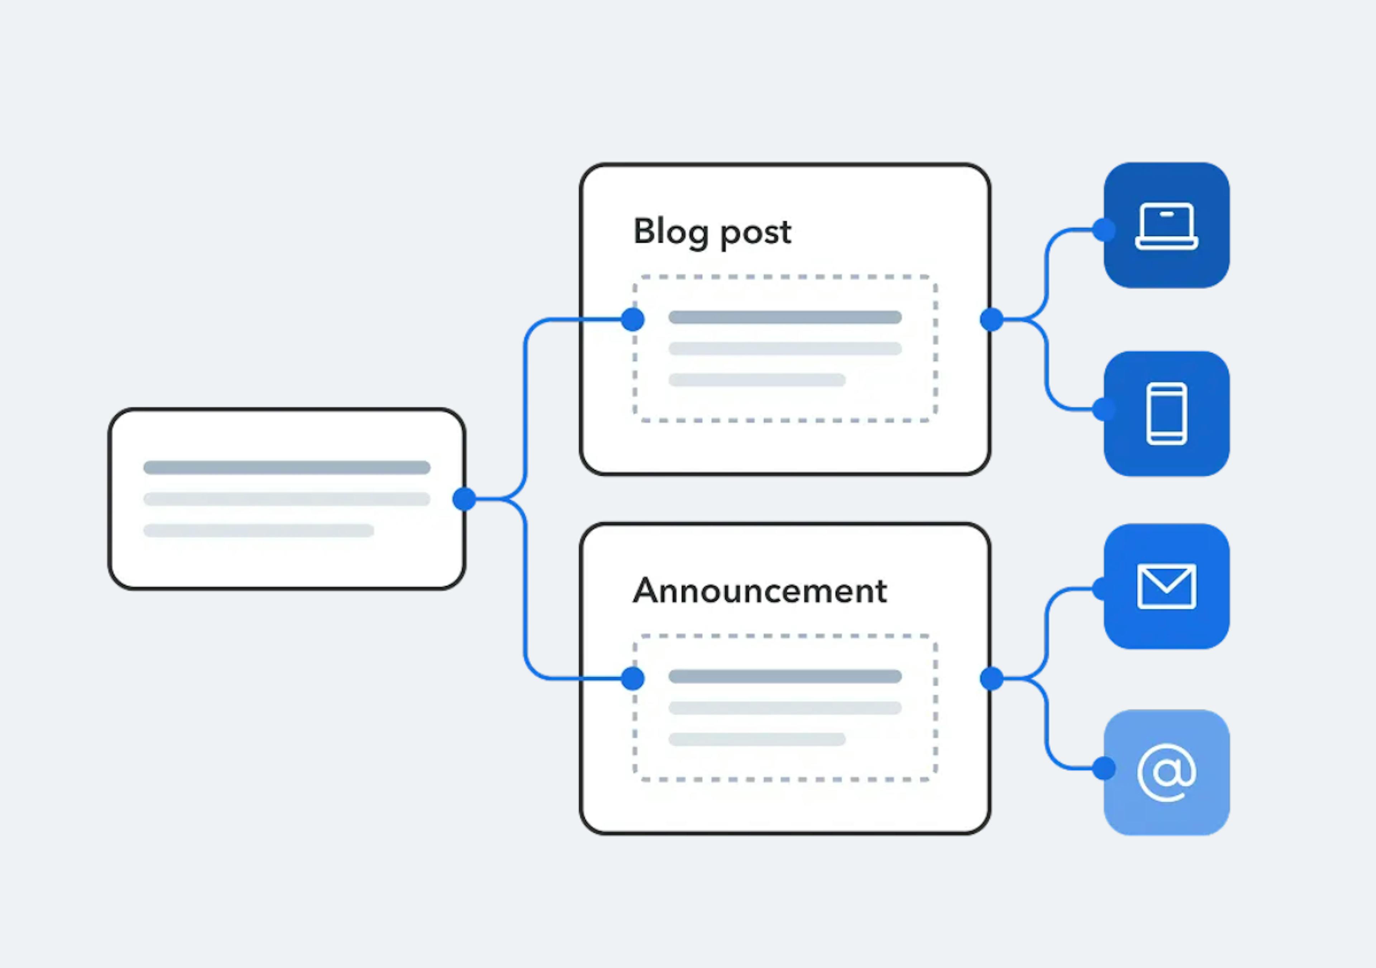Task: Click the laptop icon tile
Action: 1166,225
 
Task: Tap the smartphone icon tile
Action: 1166,414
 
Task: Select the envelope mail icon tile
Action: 1166,586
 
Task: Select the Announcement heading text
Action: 759,591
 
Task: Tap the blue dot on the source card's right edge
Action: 464,499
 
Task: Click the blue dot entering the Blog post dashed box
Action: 633,319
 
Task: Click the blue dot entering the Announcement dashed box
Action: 633,678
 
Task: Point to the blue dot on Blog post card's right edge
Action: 992,319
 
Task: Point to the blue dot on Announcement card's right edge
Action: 992,678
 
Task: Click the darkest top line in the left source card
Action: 286,468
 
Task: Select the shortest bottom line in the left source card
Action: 258,530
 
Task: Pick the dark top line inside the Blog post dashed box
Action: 785,317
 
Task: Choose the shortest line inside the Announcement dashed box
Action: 757,739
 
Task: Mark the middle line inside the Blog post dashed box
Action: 785,348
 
